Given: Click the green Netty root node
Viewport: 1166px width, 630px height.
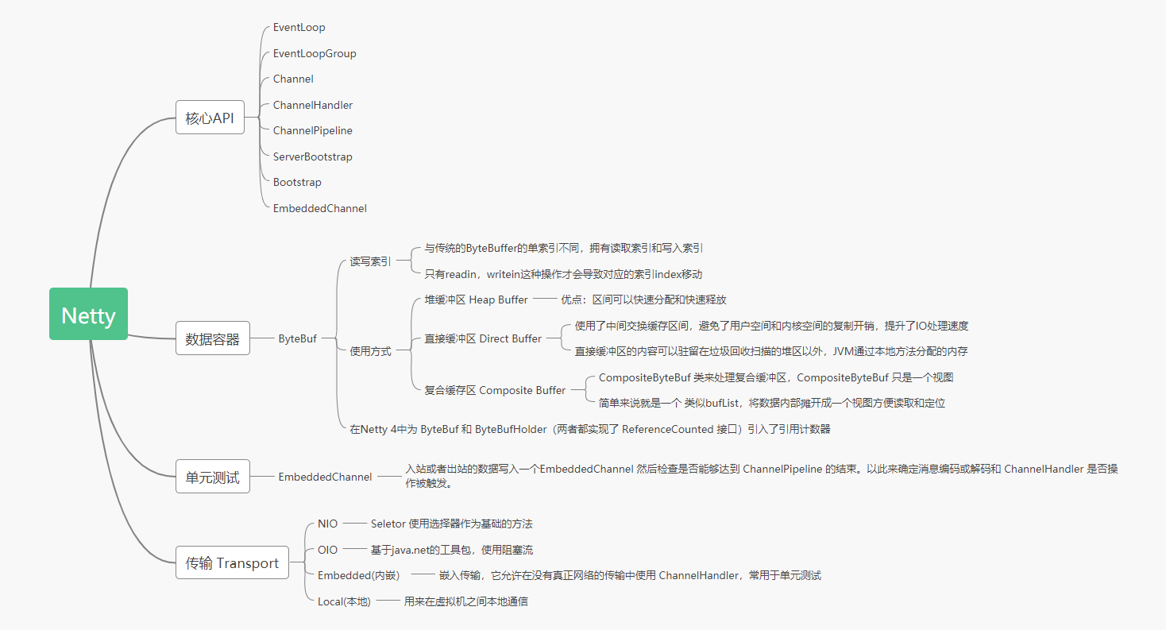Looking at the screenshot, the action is pos(88,314).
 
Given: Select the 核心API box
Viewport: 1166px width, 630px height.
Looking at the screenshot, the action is pos(210,117).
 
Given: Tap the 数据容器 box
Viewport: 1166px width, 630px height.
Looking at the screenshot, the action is pos(212,338).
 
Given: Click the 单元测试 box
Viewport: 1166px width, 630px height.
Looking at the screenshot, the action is pos(212,477).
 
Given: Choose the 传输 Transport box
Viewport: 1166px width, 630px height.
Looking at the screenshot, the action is pos(232,562).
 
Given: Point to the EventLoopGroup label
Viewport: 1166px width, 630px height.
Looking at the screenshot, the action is pos(315,54).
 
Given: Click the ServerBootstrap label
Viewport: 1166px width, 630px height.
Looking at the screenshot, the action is pos(312,157).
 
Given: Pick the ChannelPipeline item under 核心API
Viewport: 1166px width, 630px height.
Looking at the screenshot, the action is pos(312,130).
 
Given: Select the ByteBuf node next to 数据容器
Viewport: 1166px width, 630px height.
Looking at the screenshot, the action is pos(297,339).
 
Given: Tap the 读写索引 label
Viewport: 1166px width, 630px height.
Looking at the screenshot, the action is pos(370,261).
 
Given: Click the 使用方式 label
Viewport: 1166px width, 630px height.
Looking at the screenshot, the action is pos(370,351).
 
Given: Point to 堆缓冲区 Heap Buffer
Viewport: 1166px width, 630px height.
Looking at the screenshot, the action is pos(476,300).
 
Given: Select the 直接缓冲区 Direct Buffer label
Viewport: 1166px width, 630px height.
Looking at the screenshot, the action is pos(483,339).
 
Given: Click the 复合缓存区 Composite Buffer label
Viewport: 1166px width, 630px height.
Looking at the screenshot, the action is pos(495,391).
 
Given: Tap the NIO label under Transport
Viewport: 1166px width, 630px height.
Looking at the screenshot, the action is pos(327,524).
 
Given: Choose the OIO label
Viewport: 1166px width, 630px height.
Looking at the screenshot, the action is pos(327,550).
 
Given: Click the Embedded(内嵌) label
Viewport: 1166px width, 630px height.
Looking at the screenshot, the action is pos(359,575).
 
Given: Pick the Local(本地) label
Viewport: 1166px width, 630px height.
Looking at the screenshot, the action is pos(344,601).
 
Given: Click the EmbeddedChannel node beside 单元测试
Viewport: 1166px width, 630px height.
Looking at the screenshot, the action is pos(325,477).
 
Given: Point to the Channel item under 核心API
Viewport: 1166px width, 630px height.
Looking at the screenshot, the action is pos(293,79).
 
